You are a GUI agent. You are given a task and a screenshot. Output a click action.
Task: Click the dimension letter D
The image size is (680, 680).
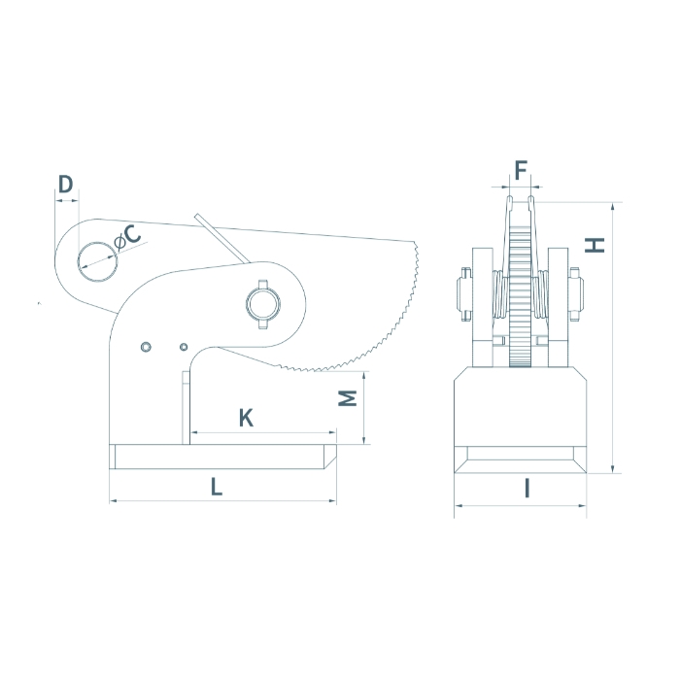[x=65, y=184]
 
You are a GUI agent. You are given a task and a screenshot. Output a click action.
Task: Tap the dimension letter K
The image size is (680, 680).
[x=246, y=418]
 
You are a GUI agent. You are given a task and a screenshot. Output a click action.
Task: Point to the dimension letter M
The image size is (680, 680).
[x=351, y=398]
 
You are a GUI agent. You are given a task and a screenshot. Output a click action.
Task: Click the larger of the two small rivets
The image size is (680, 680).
[x=146, y=348]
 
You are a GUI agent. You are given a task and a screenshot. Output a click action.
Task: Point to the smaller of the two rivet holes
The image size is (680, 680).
[x=183, y=347]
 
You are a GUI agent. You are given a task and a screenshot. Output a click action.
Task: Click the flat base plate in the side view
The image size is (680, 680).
[x=223, y=455]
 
